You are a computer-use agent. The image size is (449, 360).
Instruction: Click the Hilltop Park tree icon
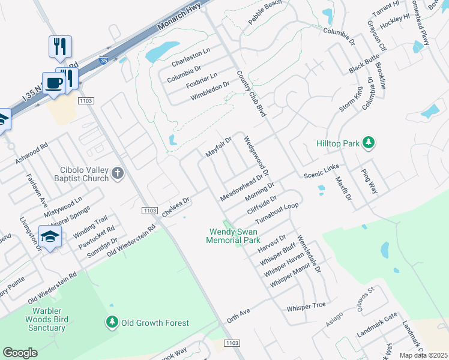point(369,143)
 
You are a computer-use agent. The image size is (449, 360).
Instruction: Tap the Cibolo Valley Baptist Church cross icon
point(118,174)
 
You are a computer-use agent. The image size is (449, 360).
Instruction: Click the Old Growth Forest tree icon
point(112,323)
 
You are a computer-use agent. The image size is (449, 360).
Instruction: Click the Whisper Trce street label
point(306,306)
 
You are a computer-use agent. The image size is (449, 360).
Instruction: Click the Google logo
point(20,352)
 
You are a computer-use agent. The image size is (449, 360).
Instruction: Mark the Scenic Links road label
point(321,170)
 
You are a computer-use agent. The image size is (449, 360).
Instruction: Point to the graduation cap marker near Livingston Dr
point(50,237)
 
